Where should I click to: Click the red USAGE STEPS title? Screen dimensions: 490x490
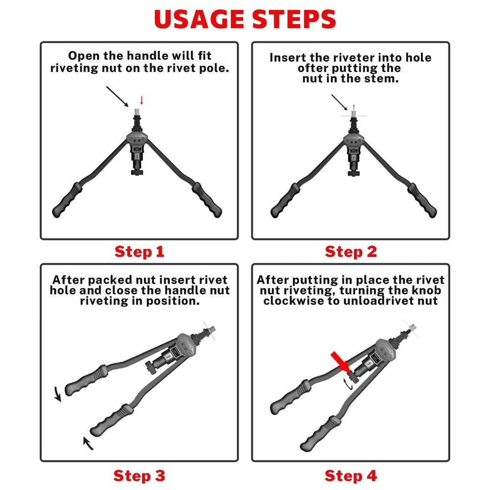(245, 19)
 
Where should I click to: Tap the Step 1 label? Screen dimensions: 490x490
(139, 252)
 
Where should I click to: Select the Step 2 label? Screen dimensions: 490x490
(351, 252)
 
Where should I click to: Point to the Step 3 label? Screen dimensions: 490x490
(139, 475)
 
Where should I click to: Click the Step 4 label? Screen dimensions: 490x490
(351, 475)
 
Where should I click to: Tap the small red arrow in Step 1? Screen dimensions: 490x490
(142, 100)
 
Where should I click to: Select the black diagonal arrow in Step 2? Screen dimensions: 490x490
(339, 102)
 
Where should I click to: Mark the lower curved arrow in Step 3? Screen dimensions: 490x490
(88, 443)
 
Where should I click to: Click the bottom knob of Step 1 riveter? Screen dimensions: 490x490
(137, 171)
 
